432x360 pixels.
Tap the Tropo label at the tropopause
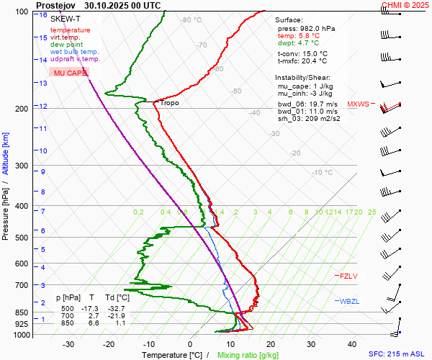tap(170, 103)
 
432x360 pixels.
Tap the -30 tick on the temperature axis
tap(68, 344)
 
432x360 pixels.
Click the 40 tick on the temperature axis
tap(352, 344)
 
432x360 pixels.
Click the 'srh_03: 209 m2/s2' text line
tap(309, 118)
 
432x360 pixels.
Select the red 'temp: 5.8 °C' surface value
tap(298, 36)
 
